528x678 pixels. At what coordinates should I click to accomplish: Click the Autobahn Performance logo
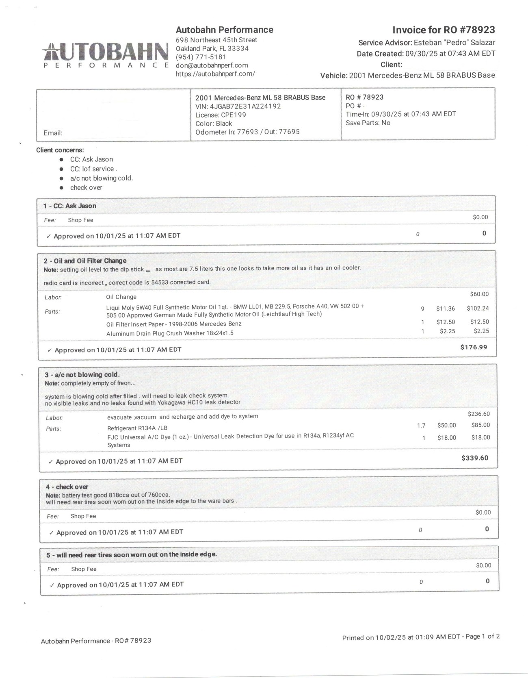(106, 54)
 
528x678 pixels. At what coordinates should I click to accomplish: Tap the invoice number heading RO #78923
(444, 30)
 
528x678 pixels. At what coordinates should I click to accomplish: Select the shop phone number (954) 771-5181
(201, 57)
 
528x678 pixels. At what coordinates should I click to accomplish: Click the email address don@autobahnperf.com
(212, 65)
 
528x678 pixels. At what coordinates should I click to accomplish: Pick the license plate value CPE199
(233, 115)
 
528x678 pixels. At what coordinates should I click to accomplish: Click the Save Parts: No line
(368, 123)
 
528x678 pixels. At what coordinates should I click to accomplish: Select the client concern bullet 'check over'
(86, 188)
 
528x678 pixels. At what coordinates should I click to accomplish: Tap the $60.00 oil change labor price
(479, 294)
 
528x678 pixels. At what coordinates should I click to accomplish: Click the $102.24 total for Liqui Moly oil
(478, 309)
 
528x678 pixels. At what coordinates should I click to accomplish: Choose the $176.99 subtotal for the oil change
(474, 347)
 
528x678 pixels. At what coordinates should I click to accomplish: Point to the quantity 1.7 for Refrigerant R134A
(421, 426)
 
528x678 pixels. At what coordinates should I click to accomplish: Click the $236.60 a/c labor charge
(479, 414)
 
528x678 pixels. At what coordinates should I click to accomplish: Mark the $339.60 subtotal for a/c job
(475, 458)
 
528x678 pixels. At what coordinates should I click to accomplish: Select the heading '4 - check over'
(67, 487)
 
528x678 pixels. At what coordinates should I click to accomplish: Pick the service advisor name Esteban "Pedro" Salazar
(454, 43)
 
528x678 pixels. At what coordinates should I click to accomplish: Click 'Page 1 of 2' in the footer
(483, 637)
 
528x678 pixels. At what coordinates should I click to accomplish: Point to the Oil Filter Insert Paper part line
(174, 324)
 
